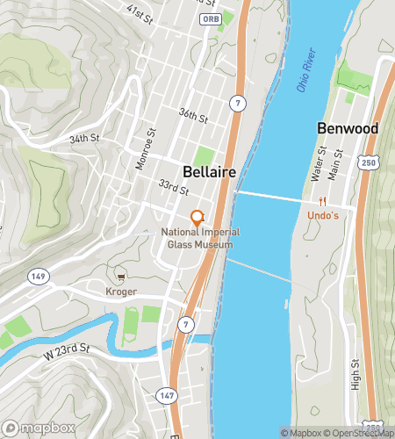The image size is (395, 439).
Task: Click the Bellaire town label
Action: (210, 171)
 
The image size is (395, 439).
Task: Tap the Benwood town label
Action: (347, 129)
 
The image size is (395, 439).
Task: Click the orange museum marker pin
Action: (198, 216)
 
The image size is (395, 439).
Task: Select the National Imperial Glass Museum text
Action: (198, 238)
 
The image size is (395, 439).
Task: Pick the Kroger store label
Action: (120, 291)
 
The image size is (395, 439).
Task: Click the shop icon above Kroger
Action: (120, 277)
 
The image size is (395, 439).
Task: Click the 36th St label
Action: (192, 115)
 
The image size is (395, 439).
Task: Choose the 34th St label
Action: (84, 139)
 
